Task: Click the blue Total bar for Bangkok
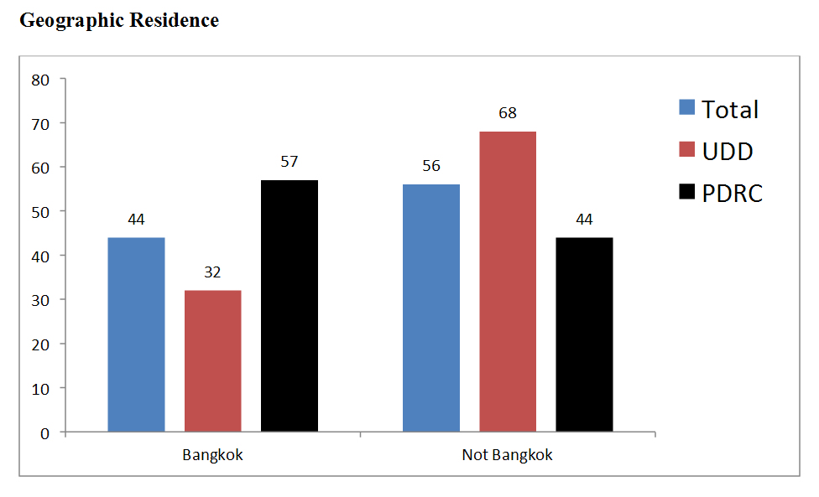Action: (x=137, y=334)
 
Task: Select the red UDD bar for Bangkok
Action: (x=213, y=361)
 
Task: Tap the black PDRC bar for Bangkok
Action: (x=290, y=306)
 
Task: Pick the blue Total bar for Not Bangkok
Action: (x=431, y=308)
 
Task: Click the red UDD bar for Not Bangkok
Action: (x=508, y=282)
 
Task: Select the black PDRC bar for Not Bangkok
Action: (x=584, y=334)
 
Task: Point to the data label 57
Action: (x=290, y=162)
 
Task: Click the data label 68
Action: (x=508, y=113)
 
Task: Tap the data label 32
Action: (x=213, y=272)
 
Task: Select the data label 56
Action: (x=431, y=166)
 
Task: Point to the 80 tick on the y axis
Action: (x=41, y=80)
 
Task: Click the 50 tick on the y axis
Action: (x=41, y=212)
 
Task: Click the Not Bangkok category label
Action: (x=508, y=456)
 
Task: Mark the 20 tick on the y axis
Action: (x=41, y=344)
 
